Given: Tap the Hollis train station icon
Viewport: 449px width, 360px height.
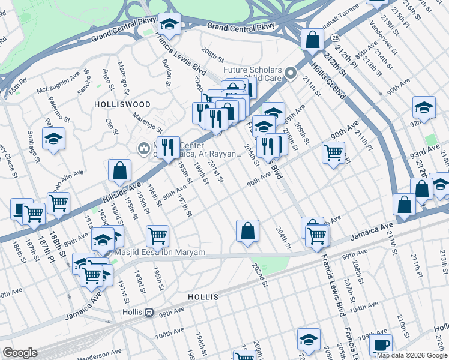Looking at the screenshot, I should pos(148,312).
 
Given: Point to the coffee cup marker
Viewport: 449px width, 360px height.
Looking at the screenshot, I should pos(381,345).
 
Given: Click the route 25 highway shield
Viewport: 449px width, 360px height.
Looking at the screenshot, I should pos(333,37).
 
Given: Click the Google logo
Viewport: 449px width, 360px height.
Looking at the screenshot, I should pos(20,353).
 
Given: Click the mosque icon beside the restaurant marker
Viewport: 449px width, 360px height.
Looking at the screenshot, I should pos(143,148).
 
